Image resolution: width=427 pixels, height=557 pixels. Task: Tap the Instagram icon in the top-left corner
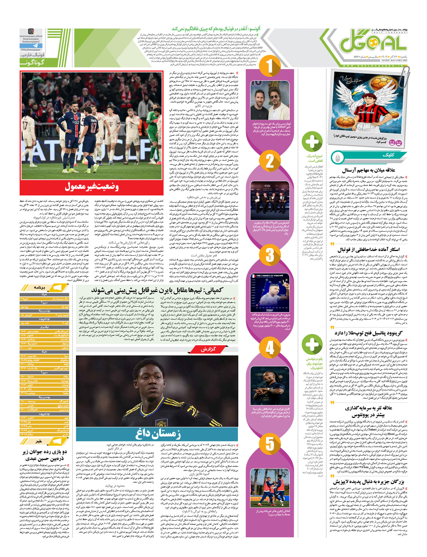[31, 31]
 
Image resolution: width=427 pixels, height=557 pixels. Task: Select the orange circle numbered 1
[269, 66]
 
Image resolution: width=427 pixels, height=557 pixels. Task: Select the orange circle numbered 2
[269, 161]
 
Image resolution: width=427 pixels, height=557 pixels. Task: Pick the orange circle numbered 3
[269, 254]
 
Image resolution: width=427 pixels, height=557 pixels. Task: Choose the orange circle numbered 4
[269, 348]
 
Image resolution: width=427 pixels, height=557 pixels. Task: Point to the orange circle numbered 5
[269, 443]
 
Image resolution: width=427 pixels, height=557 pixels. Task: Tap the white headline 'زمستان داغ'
[158, 433]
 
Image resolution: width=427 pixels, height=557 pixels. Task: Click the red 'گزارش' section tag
[208, 349]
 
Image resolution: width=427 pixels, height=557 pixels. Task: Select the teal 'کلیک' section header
[388, 155]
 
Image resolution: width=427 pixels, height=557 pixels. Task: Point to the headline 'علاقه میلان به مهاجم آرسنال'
[369, 170]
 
